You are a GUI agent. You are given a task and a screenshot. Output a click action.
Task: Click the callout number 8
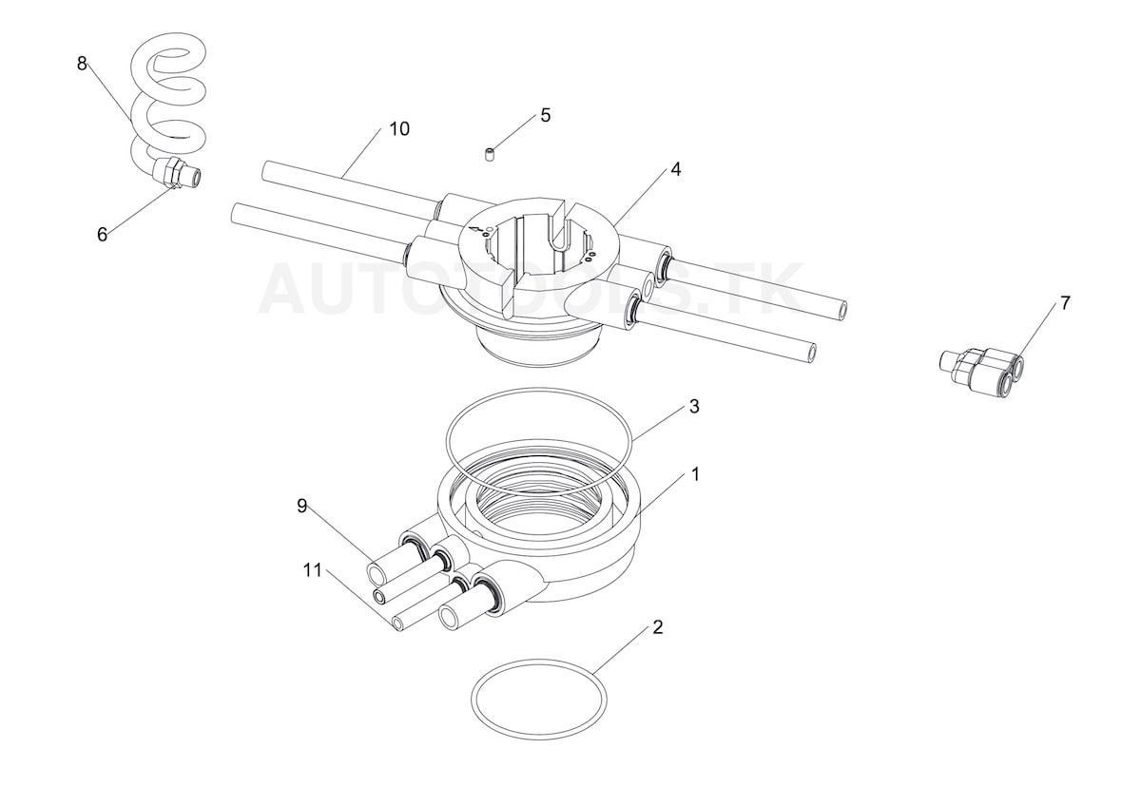click(x=82, y=64)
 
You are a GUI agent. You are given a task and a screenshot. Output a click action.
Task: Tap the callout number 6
click(x=103, y=235)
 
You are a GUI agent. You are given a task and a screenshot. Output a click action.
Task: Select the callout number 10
click(x=399, y=129)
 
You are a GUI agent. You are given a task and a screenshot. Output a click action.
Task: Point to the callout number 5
click(x=546, y=116)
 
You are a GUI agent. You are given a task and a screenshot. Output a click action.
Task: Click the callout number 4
click(x=676, y=169)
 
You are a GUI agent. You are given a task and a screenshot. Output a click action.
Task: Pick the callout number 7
click(x=1065, y=303)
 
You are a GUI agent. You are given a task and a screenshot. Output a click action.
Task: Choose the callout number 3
click(x=694, y=407)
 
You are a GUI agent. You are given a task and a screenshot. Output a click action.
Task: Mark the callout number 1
click(x=695, y=475)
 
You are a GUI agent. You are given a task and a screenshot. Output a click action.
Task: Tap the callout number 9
click(x=302, y=506)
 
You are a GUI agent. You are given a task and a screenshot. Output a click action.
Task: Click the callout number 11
click(x=313, y=570)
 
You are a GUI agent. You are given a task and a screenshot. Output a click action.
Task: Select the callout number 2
click(x=658, y=627)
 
